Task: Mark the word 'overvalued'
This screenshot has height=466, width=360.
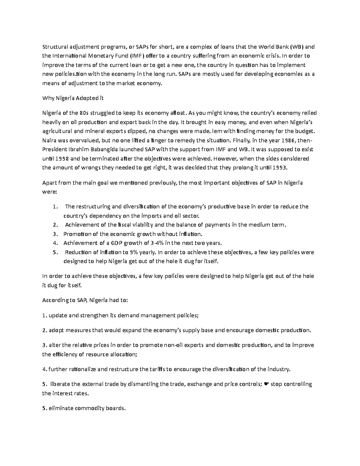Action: click(85, 140)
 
